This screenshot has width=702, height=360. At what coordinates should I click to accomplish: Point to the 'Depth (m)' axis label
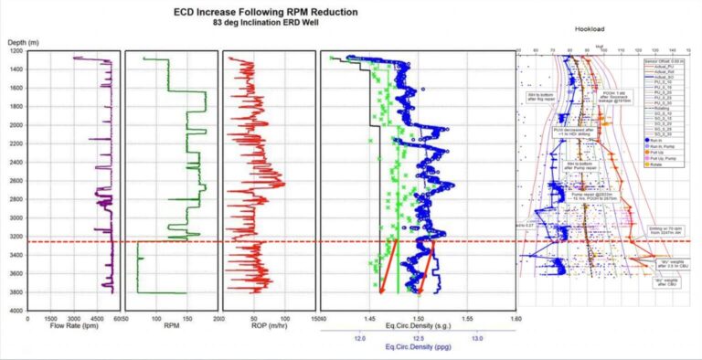click(19, 42)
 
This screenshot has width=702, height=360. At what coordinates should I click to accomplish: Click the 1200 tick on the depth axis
click(16, 51)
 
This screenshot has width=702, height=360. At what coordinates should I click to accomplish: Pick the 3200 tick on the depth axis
click(16, 237)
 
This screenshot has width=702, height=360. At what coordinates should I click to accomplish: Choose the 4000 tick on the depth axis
click(16, 311)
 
